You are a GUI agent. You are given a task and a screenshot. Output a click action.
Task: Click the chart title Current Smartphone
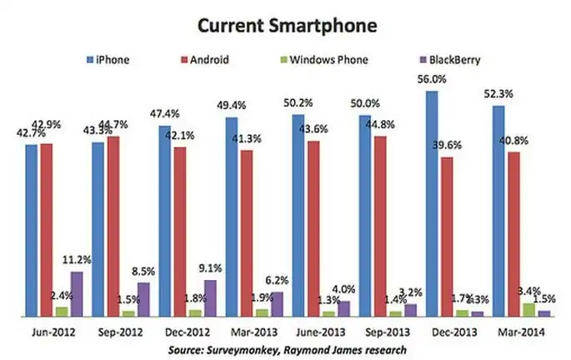click(285, 26)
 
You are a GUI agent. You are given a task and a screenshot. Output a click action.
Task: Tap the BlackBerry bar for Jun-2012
click(77, 294)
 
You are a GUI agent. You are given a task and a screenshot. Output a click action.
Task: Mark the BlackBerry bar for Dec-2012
click(210, 298)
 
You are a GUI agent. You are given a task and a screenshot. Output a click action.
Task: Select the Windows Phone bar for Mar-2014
click(528, 310)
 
